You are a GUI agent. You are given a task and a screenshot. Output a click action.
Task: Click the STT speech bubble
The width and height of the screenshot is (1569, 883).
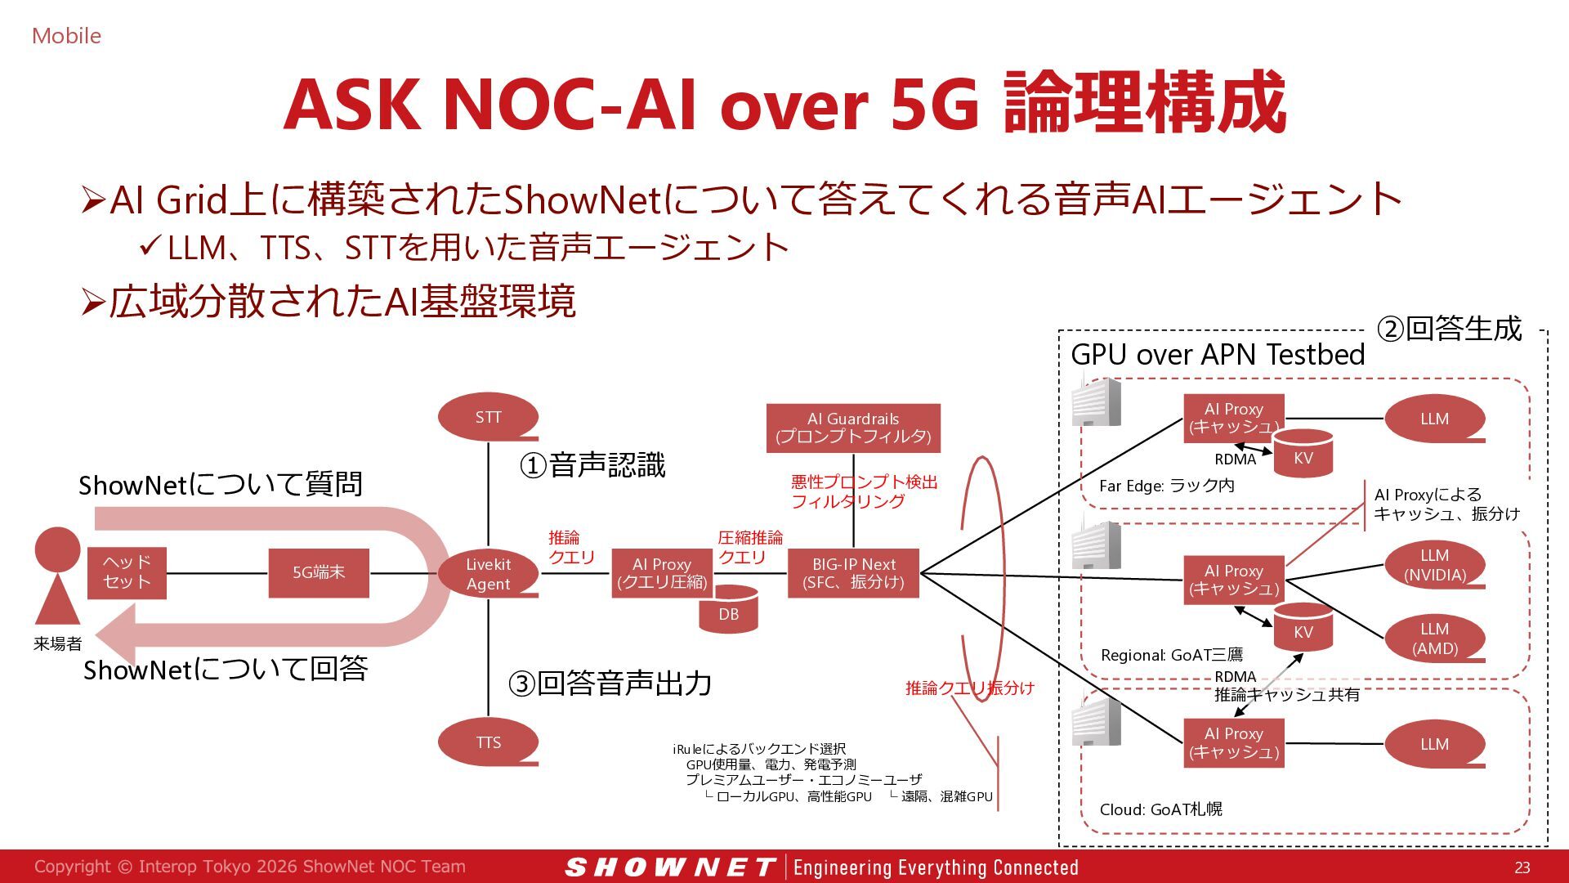click(x=488, y=417)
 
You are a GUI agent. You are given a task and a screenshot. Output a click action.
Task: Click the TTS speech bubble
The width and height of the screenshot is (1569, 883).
click(x=488, y=742)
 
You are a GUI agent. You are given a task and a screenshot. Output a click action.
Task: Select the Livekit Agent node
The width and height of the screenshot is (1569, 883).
click(x=488, y=573)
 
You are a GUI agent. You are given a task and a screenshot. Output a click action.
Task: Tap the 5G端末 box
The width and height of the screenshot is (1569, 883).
click(x=319, y=573)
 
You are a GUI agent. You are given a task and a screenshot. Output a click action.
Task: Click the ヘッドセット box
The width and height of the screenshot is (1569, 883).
click(x=127, y=573)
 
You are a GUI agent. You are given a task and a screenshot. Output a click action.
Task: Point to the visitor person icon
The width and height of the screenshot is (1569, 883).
click(x=58, y=576)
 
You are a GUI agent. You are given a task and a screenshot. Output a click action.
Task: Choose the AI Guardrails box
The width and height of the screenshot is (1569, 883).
click(x=853, y=428)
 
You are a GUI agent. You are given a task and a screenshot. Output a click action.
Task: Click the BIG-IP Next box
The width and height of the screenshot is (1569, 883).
click(x=853, y=573)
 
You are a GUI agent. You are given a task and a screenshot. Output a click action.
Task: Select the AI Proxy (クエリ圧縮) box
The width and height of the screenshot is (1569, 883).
click(x=662, y=573)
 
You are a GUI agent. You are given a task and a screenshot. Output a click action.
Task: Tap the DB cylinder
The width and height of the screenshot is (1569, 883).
click(x=729, y=610)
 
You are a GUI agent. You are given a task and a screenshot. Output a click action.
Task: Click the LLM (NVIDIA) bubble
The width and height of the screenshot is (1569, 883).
click(x=1435, y=565)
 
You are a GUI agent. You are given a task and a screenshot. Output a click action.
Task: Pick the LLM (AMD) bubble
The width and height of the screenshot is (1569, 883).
click(x=1435, y=639)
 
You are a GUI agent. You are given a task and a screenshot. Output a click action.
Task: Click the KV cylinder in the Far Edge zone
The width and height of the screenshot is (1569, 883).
click(x=1303, y=453)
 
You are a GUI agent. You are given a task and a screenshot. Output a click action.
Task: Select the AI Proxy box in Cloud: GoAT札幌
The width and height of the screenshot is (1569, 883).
click(x=1234, y=743)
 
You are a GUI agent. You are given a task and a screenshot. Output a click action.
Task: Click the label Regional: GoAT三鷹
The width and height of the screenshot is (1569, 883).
click(x=1172, y=655)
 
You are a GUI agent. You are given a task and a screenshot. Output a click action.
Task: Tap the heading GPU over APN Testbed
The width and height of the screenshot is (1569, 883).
click(x=1218, y=354)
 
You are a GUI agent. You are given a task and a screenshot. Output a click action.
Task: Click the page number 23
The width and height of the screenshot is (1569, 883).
click(x=1522, y=867)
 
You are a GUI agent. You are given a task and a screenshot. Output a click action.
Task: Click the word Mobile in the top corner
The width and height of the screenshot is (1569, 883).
click(x=66, y=36)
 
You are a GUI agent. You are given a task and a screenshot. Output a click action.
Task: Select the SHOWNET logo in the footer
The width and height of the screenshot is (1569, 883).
click(x=670, y=867)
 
